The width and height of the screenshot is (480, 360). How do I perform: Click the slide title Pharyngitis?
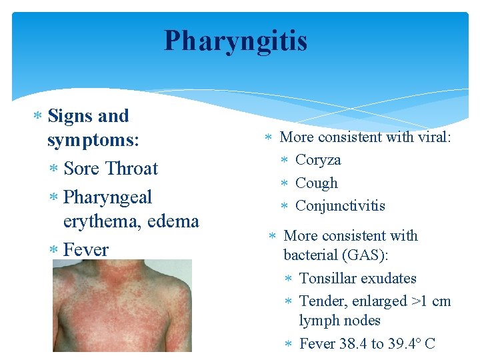coord(236,41)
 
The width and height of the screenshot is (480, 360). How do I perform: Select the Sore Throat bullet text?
coord(111,169)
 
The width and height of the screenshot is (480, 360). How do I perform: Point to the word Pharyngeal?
coord(108,197)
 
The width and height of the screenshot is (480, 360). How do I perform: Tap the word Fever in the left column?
coord(86,250)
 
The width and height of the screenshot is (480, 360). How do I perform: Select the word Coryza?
coord(318,160)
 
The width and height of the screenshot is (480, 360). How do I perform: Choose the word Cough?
coord(317,183)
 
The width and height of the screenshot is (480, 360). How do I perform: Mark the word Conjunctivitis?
coord(340,205)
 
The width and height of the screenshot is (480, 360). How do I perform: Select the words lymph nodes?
coord(339,321)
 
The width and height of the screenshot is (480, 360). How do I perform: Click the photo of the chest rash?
coord(122,305)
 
